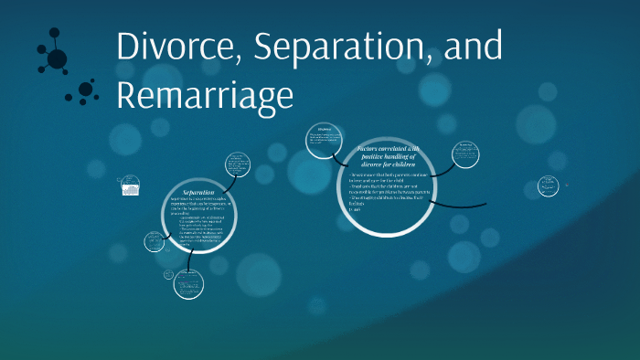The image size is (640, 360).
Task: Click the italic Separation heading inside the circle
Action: [x=198, y=193]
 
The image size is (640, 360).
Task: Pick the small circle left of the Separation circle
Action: [x=155, y=242]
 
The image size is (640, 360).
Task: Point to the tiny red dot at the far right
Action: [x=566, y=184]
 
